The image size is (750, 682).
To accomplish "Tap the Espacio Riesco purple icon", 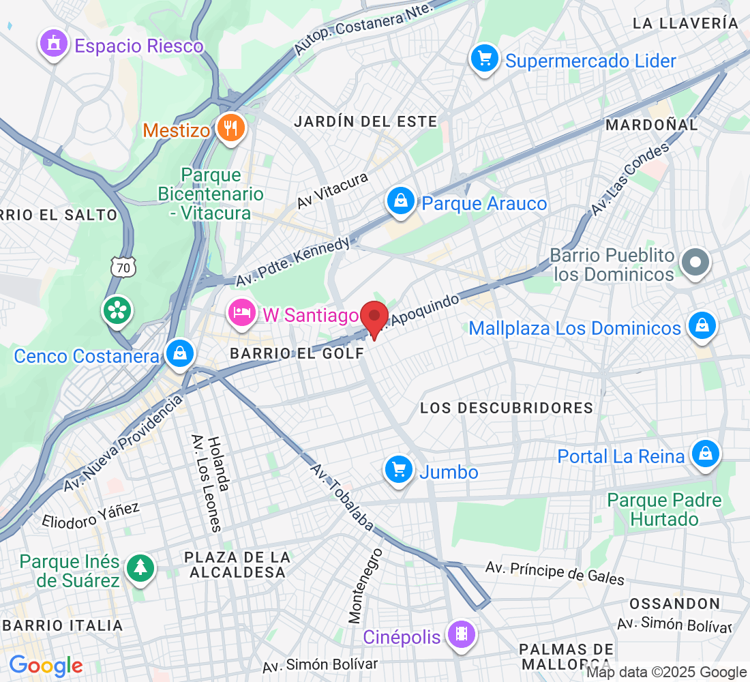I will (53, 44).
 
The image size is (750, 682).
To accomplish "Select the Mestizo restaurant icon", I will (231, 127).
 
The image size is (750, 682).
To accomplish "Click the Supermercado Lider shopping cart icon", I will (485, 59).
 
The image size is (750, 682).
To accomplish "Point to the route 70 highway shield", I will (123, 268).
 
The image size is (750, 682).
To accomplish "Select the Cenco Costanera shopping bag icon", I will (179, 353).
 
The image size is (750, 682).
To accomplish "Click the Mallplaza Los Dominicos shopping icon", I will (701, 326).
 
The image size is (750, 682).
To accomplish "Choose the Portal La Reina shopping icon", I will (705, 454).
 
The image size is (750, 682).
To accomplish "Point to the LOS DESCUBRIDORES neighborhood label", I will (507, 408).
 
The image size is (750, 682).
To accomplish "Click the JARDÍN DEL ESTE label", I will (365, 121).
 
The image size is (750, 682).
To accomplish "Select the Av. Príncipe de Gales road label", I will (555, 573).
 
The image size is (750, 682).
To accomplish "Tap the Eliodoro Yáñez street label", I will (91, 516).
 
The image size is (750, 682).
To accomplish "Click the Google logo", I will (46, 666).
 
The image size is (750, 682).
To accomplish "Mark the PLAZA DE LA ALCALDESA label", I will (237, 565).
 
